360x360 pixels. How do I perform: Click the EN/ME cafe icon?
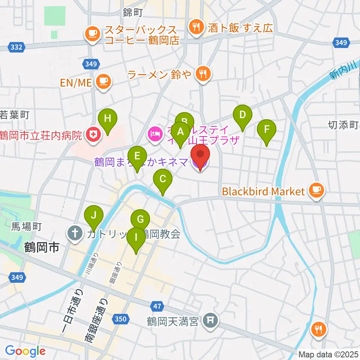pyautogui.click(x=103, y=82)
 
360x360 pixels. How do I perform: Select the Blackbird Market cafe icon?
pyautogui.click(x=316, y=191)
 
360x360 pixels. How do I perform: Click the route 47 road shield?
pyautogui.click(x=157, y=306)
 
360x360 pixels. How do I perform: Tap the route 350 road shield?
pyautogui.click(x=120, y=319)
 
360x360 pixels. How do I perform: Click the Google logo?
pyautogui.click(x=25, y=351)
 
